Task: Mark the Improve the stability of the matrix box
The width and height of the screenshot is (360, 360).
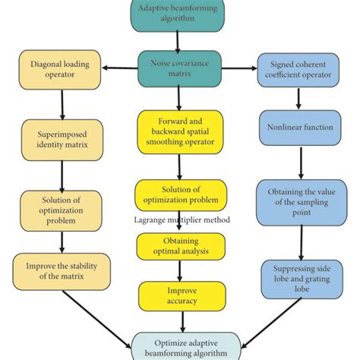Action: [61, 270]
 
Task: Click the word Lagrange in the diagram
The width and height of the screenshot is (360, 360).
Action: [150, 220]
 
